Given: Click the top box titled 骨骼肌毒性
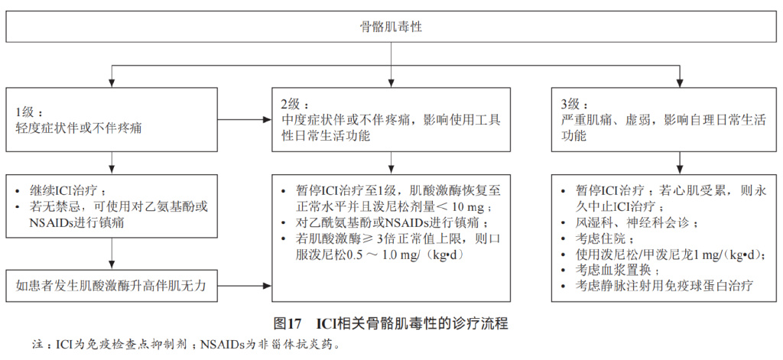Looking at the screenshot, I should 391,27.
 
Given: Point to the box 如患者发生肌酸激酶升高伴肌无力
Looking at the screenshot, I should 112,285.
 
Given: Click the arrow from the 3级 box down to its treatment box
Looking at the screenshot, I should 678,163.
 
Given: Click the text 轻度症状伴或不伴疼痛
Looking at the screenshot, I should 78,127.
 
